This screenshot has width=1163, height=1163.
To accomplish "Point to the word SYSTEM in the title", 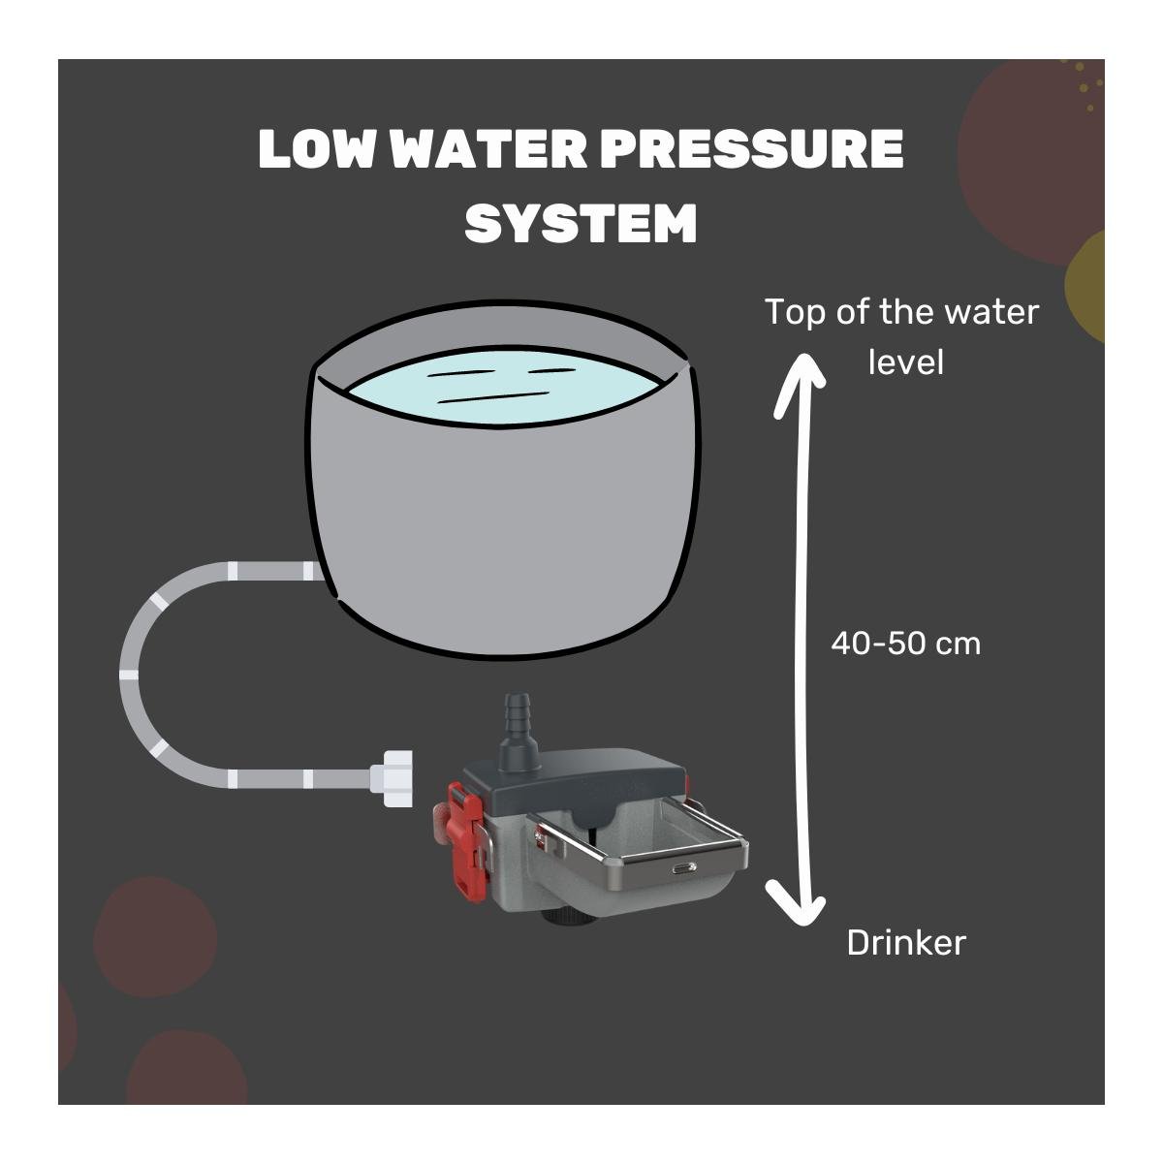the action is click(x=581, y=223).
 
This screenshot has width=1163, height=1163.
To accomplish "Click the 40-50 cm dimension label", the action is click(x=905, y=644).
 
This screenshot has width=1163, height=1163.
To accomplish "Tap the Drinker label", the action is click(x=906, y=943).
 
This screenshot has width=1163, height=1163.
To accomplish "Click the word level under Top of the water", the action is click(x=905, y=362).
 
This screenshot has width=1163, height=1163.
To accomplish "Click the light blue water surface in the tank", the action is click(x=506, y=387).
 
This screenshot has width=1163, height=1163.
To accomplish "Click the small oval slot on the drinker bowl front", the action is click(x=684, y=867).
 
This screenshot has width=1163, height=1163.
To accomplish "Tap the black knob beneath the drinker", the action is click(x=563, y=917).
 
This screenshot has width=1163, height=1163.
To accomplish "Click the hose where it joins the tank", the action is click(x=317, y=571).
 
